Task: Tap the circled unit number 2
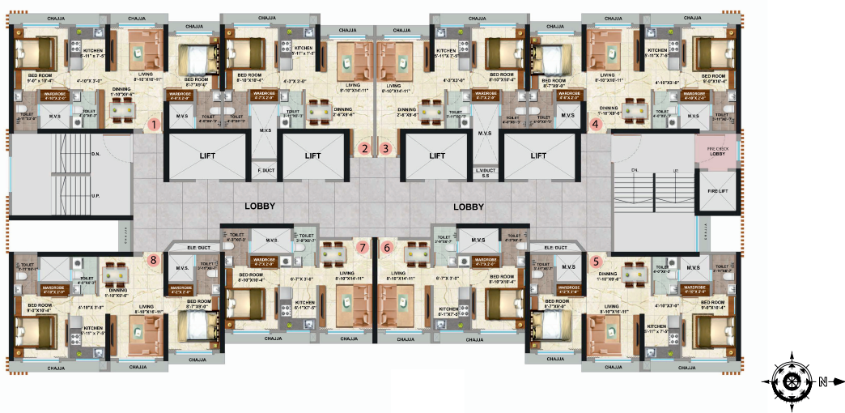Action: click(365, 148)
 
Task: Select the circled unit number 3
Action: click(386, 148)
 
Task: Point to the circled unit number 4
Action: click(596, 125)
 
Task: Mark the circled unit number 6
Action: click(387, 247)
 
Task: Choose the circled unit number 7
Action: click(363, 247)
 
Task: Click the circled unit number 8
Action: click(153, 260)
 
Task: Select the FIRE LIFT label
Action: click(716, 193)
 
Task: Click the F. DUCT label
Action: click(264, 170)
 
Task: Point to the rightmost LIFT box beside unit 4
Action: click(538, 155)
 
